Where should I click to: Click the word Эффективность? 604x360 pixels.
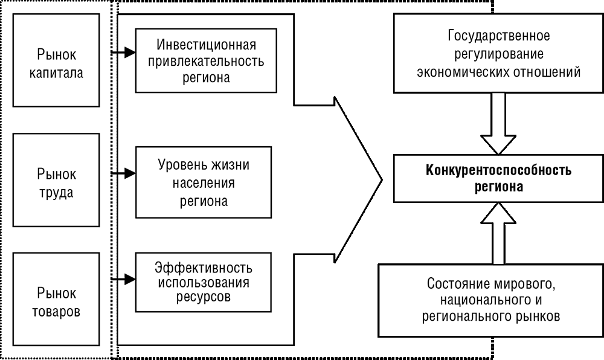(204, 268)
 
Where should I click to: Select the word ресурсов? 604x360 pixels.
(204, 297)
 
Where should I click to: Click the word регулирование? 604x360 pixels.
(499, 54)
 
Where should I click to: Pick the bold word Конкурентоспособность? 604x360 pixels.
(498, 170)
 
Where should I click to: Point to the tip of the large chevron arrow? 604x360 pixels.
(382, 179)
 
